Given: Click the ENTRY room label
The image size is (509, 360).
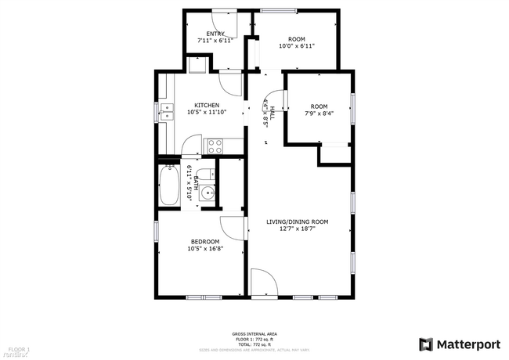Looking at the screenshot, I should [x=215, y=34].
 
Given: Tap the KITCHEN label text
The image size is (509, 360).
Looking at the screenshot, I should [x=207, y=105].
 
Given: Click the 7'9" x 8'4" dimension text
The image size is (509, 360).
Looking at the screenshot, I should [x=319, y=113].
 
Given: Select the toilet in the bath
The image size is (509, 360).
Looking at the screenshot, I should [x=205, y=175].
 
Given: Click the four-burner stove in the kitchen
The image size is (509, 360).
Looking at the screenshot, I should [x=215, y=145].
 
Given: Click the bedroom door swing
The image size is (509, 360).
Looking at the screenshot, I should [x=232, y=229].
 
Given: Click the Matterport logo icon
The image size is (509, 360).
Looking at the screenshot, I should [x=426, y=344].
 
